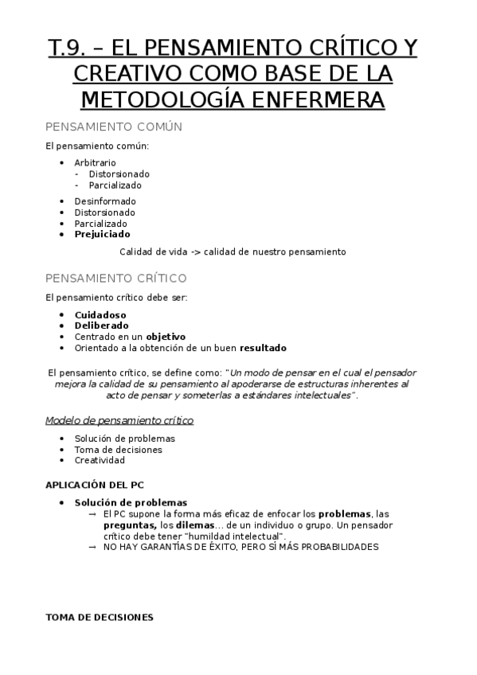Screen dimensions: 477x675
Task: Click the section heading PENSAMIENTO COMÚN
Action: tap(114, 127)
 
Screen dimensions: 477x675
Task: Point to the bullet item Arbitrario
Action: tap(95, 162)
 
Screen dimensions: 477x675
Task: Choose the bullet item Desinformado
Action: tap(105, 201)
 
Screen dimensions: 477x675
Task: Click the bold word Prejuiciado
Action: tap(103, 235)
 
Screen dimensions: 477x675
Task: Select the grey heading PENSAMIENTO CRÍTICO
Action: tap(116, 278)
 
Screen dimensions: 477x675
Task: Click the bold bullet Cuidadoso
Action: tap(100, 314)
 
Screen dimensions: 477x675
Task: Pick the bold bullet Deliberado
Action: tap(101, 326)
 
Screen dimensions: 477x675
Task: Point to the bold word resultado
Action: tap(263, 348)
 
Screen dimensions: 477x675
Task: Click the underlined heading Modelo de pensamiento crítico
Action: tap(119, 420)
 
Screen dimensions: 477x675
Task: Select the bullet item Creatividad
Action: tap(100, 460)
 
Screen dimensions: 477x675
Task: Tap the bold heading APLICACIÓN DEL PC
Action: tap(95, 484)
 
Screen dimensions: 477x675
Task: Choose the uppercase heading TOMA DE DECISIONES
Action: tap(100, 617)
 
